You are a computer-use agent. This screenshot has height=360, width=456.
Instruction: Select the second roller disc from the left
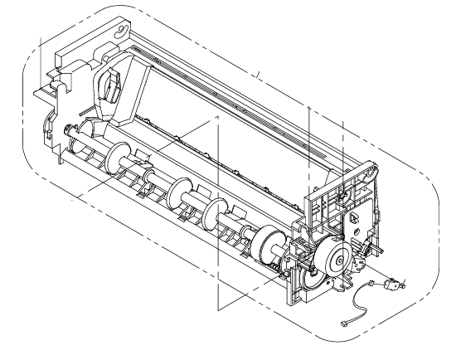(176, 196)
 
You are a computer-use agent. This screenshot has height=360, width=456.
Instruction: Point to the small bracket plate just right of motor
(361, 264)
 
